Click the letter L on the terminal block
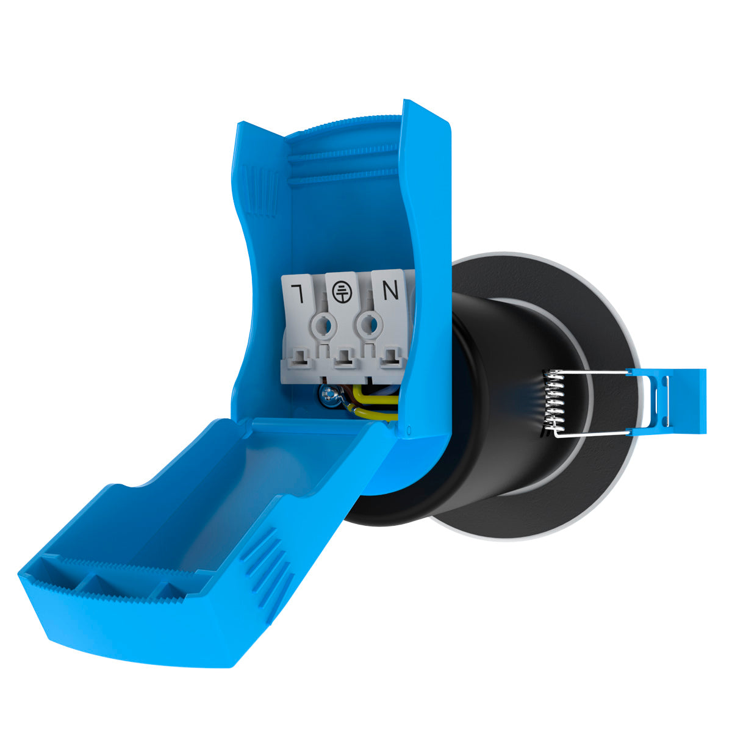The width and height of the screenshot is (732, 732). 298,293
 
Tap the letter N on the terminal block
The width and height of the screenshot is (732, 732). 390,290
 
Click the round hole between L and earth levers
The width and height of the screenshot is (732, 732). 324,324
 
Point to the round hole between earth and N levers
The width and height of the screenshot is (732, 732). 370,324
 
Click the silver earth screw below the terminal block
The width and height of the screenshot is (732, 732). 329,396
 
